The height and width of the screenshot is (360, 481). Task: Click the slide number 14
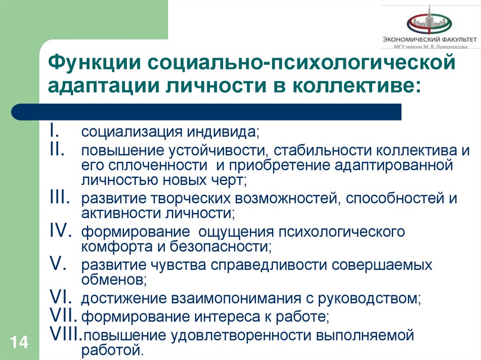click(18, 342)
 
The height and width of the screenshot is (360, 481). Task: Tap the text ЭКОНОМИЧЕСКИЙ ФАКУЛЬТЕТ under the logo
click(429, 40)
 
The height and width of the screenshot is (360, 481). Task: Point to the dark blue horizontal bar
click(207, 112)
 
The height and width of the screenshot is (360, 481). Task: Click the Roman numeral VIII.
click(66, 334)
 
